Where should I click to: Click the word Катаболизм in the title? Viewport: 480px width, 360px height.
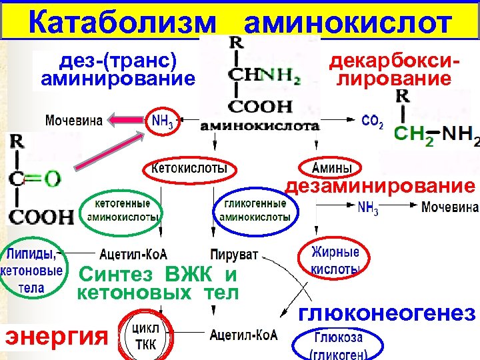tap(123, 24)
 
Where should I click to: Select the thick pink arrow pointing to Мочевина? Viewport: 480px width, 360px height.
tap(127, 121)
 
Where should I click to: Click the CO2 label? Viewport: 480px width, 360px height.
tap(371, 121)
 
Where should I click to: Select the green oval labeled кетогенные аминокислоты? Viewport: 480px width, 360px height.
tap(123, 210)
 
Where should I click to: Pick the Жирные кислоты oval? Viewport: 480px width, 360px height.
tap(335, 260)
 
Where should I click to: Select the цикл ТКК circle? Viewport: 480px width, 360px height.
tap(147, 337)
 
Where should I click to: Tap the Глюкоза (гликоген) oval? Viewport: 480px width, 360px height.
tap(338, 343)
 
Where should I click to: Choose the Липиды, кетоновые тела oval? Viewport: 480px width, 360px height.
tap(33, 271)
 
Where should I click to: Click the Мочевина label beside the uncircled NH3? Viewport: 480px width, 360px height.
tap(449, 207)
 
